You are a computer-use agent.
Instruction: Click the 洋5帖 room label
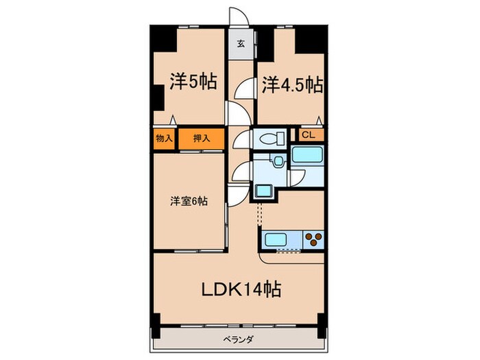tap(193, 83)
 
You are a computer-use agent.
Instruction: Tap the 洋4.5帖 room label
tap(292, 85)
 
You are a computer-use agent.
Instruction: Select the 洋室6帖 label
tap(189, 202)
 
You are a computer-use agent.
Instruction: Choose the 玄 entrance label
tap(241, 45)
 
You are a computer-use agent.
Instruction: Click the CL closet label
tap(309, 134)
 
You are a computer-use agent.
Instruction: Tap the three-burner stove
tap(314, 240)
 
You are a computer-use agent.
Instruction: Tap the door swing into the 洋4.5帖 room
tap(245, 90)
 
